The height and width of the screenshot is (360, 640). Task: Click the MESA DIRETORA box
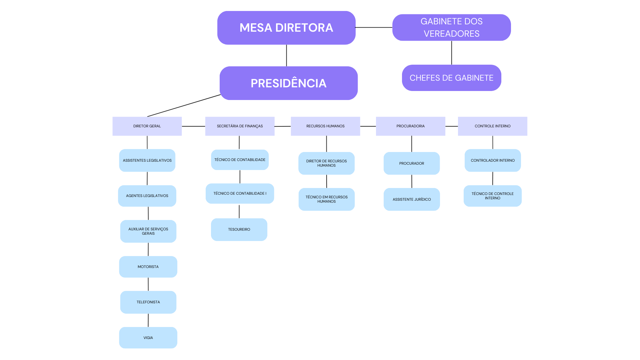[x=286, y=28]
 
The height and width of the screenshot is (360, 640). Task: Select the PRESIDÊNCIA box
[x=288, y=83]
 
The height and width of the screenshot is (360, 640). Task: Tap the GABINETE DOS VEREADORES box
[x=451, y=27]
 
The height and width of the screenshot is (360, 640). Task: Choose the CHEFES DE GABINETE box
[x=451, y=78]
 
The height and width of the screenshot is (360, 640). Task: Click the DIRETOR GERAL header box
[x=147, y=126]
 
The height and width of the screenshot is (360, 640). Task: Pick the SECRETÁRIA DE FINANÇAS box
[x=240, y=126]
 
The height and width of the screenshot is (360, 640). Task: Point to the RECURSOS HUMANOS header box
[x=325, y=126]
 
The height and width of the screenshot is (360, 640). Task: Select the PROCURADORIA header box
[x=410, y=126]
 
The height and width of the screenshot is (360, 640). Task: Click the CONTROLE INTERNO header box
[x=492, y=126]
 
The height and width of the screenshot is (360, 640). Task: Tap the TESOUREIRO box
[x=239, y=229]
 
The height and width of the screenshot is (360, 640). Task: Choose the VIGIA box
[x=148, y=338]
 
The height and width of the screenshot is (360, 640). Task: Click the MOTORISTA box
[x=148, y=267]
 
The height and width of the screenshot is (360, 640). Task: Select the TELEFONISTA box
[x=148, y=302]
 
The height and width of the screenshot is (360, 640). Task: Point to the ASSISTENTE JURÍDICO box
[x=412, y=199]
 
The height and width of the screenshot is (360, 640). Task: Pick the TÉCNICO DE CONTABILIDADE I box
[x=240, y=193]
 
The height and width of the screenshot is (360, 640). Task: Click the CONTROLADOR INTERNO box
[x=493, y=160]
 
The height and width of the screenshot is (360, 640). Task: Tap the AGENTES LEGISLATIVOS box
[x=147, y=196]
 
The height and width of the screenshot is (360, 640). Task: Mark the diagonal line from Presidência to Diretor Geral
[x=184, y=106]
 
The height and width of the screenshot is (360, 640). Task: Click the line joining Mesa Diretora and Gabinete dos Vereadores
[x=374, y=27]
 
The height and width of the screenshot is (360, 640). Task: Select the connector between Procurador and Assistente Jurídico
[x=412, y=181]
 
